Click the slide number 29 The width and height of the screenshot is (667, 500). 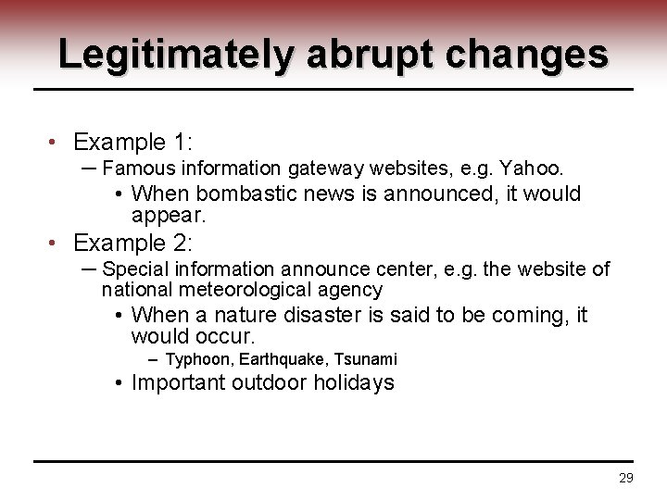coord(625,478)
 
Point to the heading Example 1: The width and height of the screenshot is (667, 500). coord(132,143)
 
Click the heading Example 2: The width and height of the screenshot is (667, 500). coord(132,244)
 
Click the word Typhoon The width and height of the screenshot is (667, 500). coord(196,358)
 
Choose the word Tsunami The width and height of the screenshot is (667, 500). coord(365,358)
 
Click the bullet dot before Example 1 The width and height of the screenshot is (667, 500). coord(56,144)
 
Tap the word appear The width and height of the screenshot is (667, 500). coord(168,215)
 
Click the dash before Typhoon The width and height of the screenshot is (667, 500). coord(153,358)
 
